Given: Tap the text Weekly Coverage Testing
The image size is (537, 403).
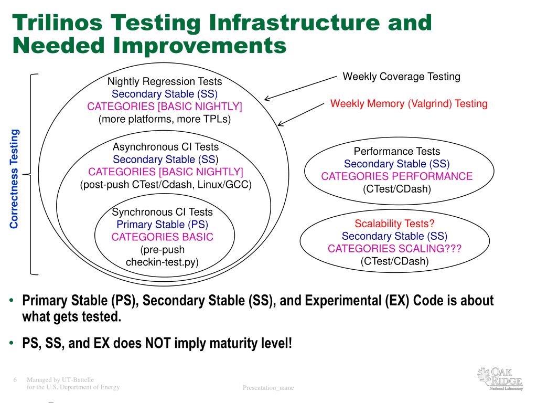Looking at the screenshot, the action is pyautogui.click(x=401, y=77).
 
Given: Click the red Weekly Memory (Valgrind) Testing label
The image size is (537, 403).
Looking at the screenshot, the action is pyautogui.click(x=409, y=103).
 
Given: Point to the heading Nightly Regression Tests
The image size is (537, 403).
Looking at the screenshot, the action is pyautogui.click(x=165, y=81).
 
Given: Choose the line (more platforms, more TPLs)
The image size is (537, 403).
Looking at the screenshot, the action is pyautogui.click(x=165, y=119).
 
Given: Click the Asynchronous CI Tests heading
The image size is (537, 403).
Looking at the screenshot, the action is pyautogui.click(x=166, y=147).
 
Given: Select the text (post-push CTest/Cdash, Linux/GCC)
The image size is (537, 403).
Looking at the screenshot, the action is pyautogui.click(x=166, y=185).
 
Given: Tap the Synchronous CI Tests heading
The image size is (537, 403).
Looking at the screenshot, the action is pyautogui.click(x=163, y=212).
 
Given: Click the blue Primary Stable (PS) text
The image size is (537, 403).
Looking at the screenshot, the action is pyautogui.click(x=163, y=225).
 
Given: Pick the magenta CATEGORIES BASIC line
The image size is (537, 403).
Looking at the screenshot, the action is pyautogui.click(x=163, y=237).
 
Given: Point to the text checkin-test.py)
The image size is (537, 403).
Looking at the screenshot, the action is pyautogui.click(x=163, y=262).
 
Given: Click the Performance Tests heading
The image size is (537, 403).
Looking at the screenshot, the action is pyautogui.click(x=397, y=152).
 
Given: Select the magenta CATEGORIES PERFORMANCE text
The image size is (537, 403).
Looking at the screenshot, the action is pyautogui.click(x=397, y=176).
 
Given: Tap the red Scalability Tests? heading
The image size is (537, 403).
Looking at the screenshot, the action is pyautogui.click(x=395, y=224).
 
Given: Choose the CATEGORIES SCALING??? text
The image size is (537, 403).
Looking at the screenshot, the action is pyautogui.click(x=395, y=249).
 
